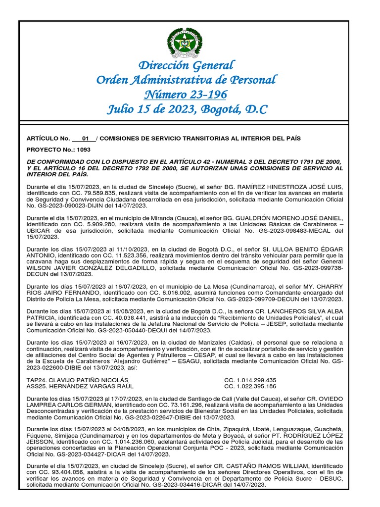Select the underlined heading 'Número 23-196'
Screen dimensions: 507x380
click(186, 94)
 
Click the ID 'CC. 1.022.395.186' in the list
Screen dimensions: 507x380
click(250, 386)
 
